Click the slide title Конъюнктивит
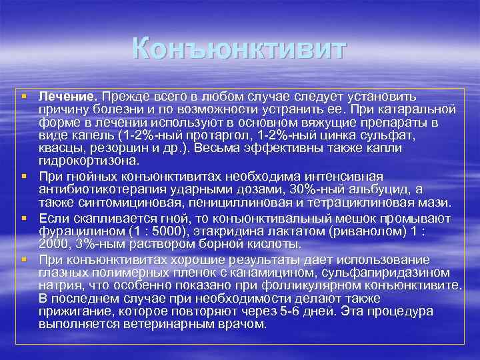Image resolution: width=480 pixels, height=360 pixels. (x=240, y=49)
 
